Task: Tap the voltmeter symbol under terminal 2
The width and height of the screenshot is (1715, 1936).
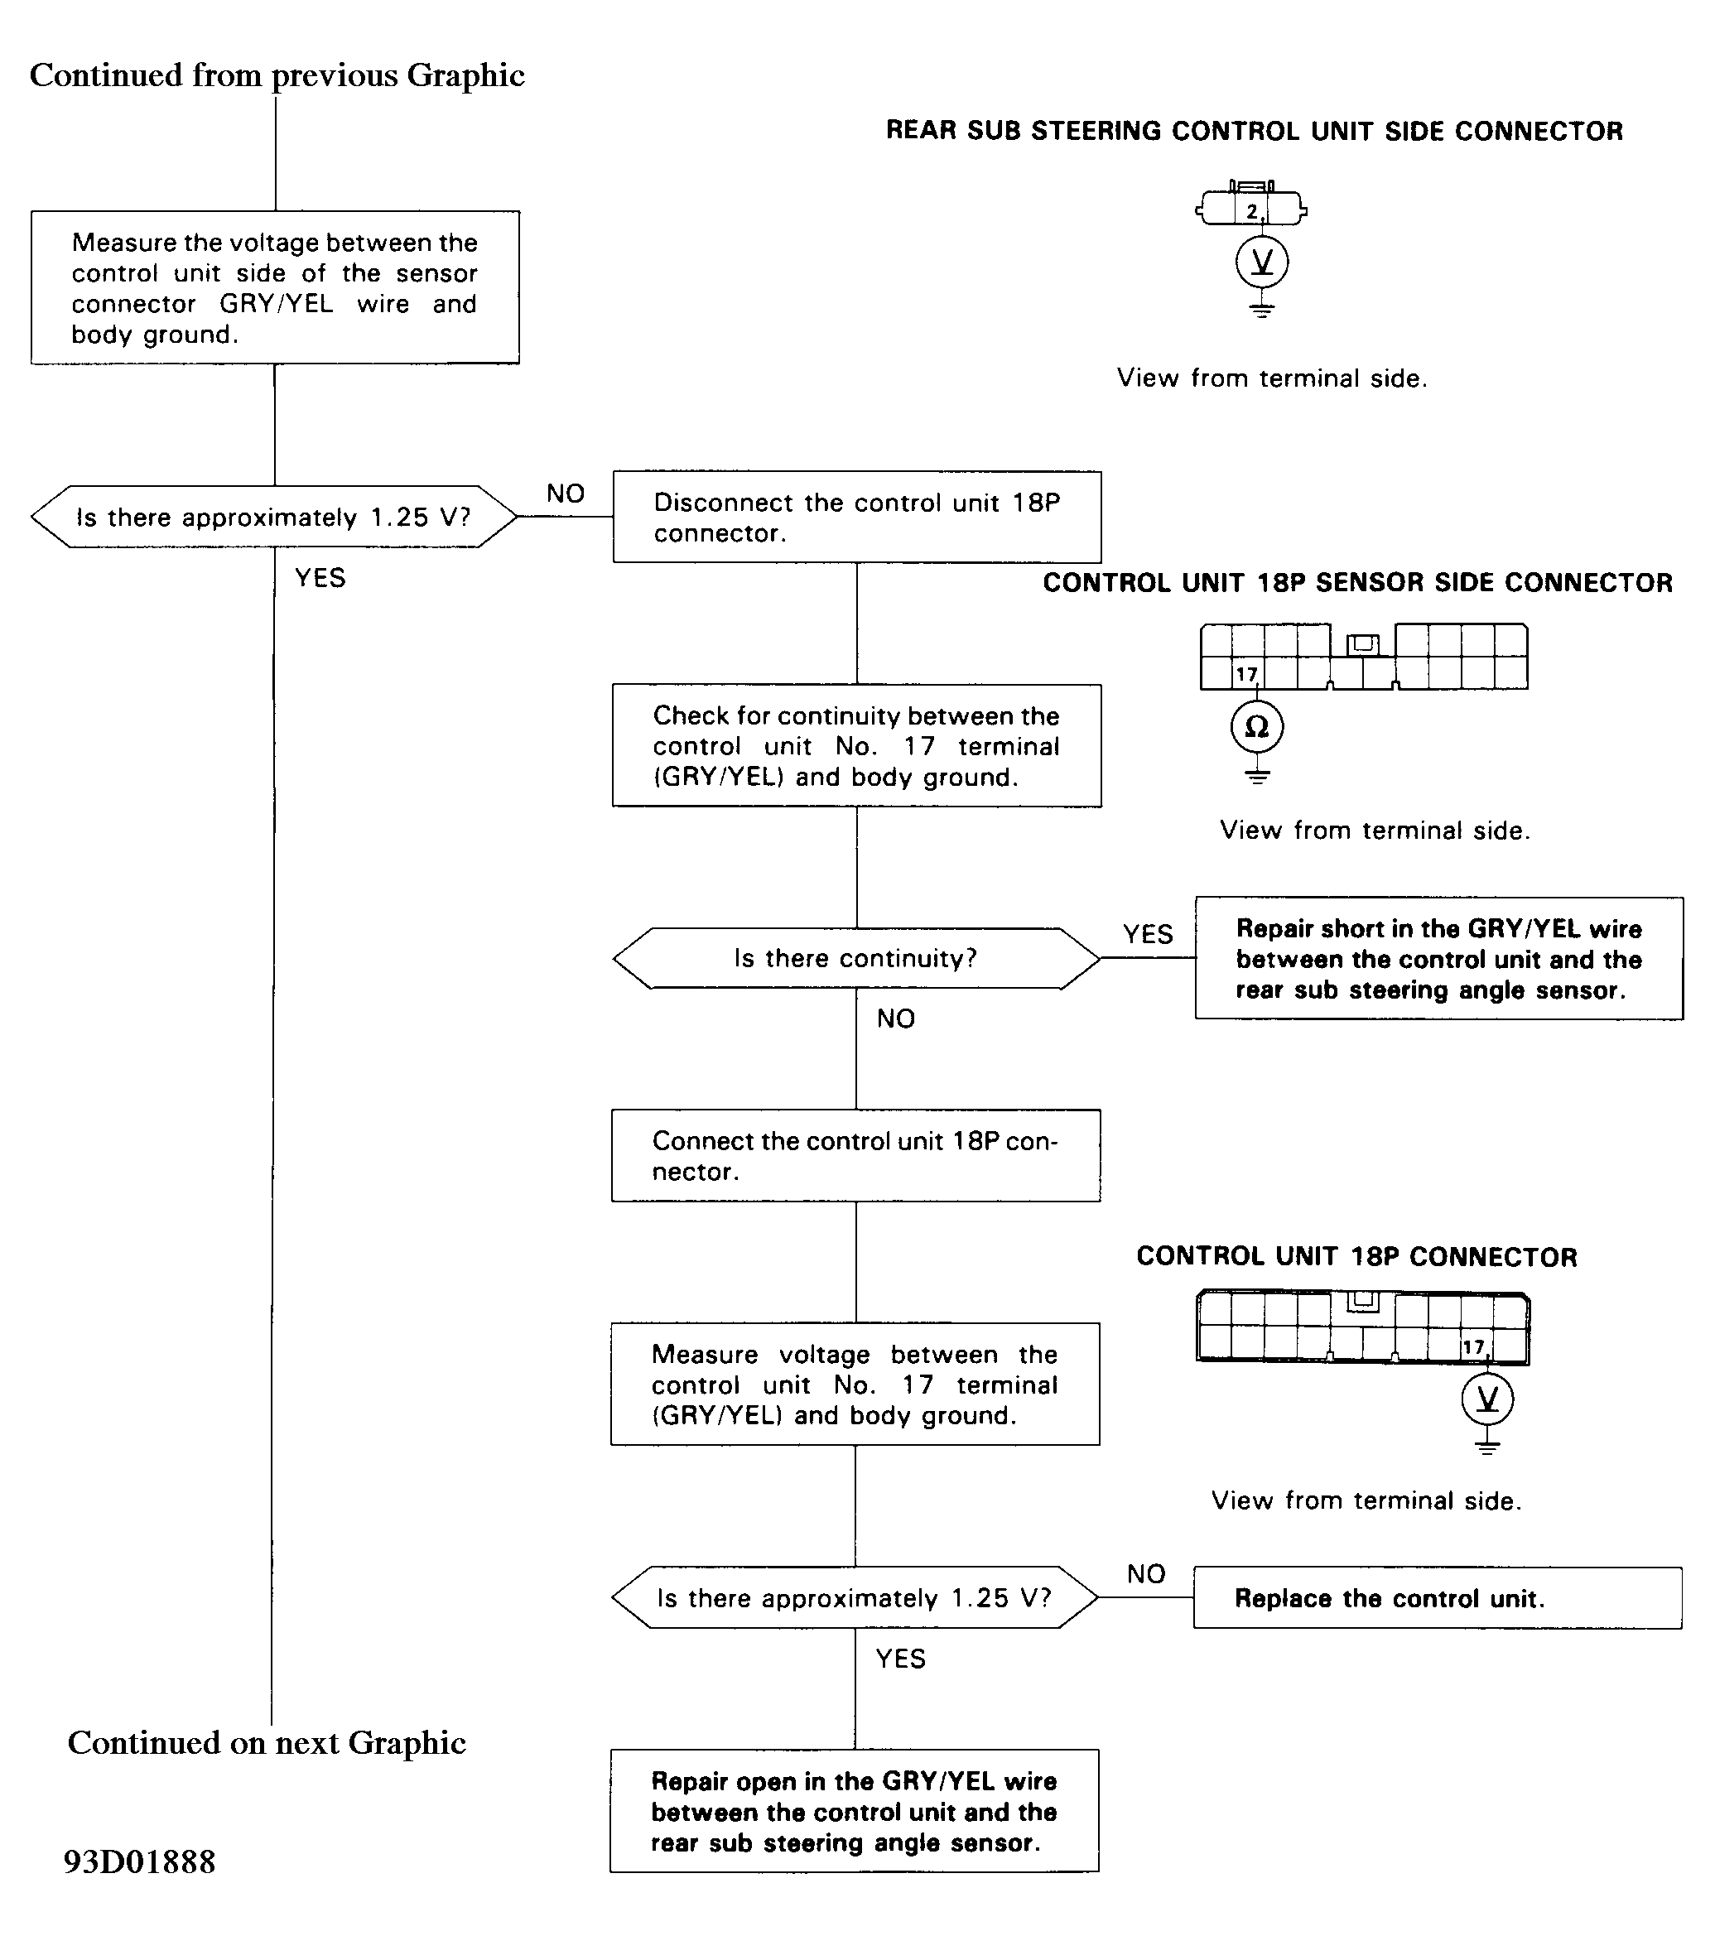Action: [1262, 262]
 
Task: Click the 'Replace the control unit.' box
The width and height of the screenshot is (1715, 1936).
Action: [1438, 1598]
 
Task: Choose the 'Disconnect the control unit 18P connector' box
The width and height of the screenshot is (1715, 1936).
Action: [857, 518]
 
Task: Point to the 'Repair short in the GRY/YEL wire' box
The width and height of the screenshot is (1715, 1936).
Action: [1439, 959]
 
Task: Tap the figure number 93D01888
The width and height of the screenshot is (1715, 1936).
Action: [139, 1861]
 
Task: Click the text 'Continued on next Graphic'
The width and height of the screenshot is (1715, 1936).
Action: [267, 1742]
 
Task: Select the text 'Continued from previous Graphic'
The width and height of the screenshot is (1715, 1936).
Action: [277, 75]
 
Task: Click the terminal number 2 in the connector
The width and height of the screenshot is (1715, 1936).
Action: [1252, 211]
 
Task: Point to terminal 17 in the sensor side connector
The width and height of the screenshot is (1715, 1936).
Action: [1246, 673]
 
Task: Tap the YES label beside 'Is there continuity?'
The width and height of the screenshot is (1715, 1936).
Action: [1148, 934]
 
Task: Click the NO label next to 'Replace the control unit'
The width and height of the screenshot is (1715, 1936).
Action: [1146, 1573]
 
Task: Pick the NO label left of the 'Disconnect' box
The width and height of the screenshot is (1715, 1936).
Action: [566, 493]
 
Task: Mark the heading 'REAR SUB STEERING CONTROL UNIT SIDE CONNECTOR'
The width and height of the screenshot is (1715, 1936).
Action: [1254, 131]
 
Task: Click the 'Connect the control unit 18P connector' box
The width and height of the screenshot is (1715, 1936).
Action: [856, 1155]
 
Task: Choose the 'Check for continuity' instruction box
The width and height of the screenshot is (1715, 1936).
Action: [857, 745]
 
